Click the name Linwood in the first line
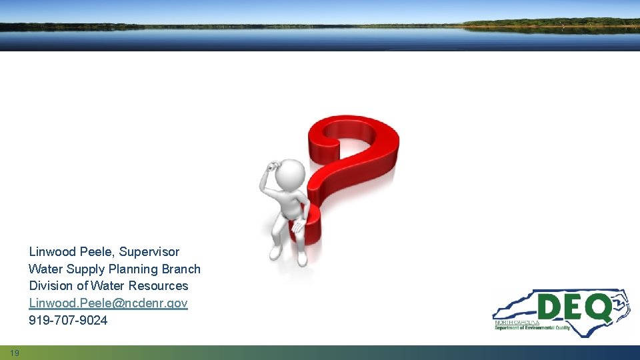[x=52, y=252]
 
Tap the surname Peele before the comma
[x=97, y=252]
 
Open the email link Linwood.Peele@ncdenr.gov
[x=108, y=303]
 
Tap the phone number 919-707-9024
[x=68, y=321]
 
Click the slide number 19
[x=15, y=353]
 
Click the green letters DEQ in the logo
[x=573, y=307]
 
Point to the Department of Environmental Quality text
[x=532, y=327]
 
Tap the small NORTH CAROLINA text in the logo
[x=517, y=321]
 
